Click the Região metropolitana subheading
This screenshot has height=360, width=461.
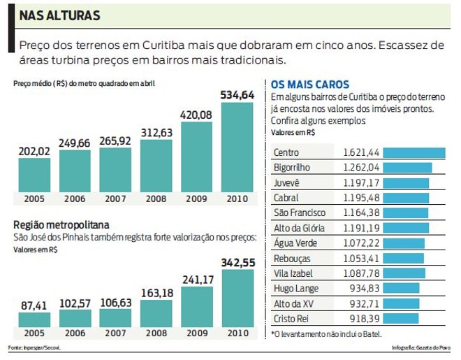[x=61, y=225]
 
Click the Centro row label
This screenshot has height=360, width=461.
[x=288, y=152]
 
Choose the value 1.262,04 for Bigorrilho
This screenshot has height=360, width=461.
[x=361, y=168]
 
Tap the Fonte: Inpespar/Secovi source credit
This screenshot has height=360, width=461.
[x=33, y=347]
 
